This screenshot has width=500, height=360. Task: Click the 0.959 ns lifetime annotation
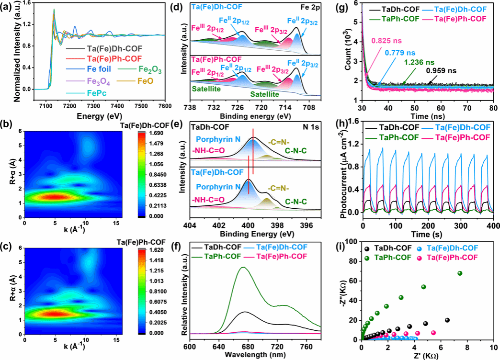(x=444, y=72)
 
